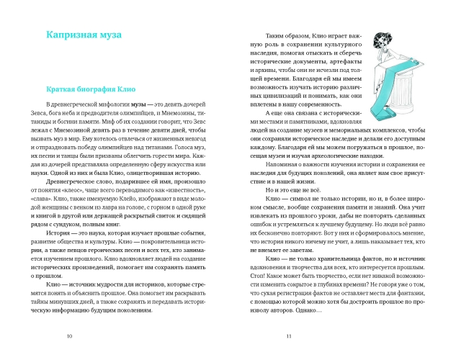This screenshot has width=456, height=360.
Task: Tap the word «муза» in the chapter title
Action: tap(106, 34)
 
